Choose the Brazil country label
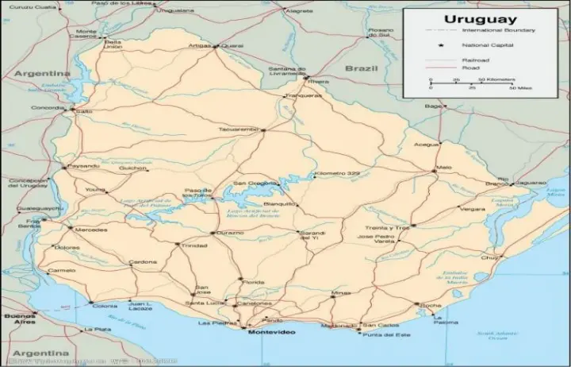click(362, 69)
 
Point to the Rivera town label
click(319, 81)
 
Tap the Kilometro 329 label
click(337, 173)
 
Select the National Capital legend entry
click(484, 45)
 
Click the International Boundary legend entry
click(498, 30)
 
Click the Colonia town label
click(105, 305)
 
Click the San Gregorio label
click(251, 183)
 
